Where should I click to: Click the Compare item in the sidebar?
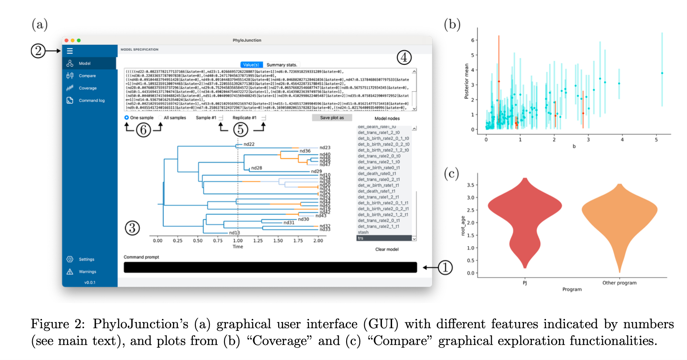click(x=87, y=76)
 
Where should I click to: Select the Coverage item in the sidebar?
click(x=87, y=88)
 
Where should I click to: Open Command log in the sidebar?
click(x=91, y=101)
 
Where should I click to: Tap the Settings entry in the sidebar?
click(x=86, y=259)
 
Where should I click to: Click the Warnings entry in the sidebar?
click(x=87, y=272)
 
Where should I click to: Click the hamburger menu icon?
click(x=70, y=51)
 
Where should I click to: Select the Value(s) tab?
click(x=251, y=65)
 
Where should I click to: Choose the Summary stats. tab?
click(x=282, y=65)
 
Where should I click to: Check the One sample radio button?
click(x=127, y=118)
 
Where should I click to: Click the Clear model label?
click(x=387, y=249)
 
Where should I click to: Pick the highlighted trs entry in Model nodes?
click(x=384, y=238)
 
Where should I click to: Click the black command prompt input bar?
click(x=270, y=267)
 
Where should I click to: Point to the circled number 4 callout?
click(x=404, y=57)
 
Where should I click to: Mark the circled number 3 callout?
click(x=132, y=228)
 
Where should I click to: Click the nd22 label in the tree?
click(x=249, y=144)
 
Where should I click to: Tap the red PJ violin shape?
click(x=525, y=212)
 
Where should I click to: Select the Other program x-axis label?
click(x=619, y=283)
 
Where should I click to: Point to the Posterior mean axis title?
click(x=467, y=81)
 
